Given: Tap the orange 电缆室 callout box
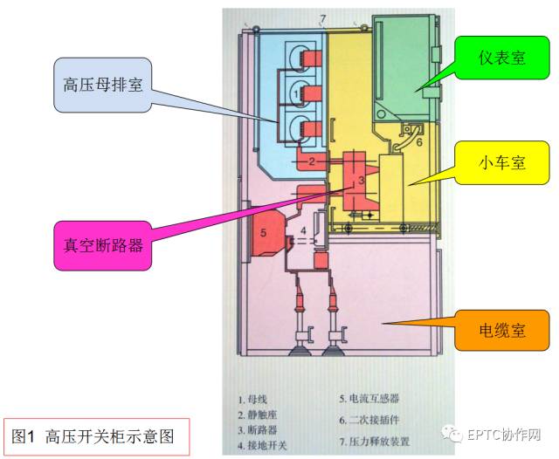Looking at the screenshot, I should [501, 332].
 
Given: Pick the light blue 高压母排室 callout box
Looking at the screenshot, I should [103, 86].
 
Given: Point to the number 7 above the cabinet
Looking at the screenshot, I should [322, 18].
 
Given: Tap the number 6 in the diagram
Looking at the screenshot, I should [418, 142].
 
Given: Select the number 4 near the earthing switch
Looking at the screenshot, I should [303, 231].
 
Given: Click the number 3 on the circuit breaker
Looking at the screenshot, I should [360, 181].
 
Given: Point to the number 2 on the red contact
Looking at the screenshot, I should [313, 161].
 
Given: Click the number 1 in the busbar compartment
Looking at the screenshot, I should [296, 91].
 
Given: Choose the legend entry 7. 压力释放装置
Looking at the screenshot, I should [375, 442].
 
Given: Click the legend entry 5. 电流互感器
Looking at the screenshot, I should [369, 399].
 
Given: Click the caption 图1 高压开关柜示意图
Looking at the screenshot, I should [94, 435].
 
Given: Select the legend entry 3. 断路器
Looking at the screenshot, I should [260, 430].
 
